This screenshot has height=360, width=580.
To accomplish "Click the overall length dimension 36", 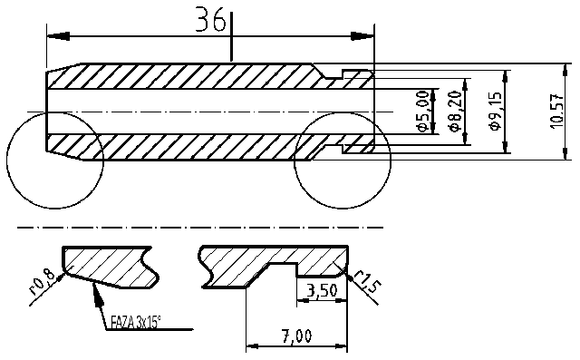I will (210, 23).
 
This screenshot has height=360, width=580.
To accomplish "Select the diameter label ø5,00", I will (422, 112).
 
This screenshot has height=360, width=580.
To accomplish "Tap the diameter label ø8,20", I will (455, 112).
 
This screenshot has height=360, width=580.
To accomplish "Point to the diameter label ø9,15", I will (495, 111).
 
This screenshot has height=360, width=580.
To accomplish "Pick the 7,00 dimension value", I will (296, 336).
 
